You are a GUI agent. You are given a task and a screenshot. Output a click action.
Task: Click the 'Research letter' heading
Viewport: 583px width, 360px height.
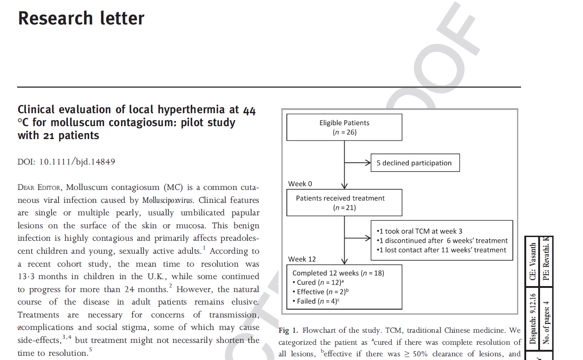tap(81, 18)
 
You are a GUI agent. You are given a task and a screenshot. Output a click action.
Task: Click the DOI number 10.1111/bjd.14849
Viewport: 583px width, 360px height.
tap(77, 162)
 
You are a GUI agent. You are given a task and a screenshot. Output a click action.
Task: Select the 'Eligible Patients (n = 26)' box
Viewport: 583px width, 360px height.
tap(344, 127)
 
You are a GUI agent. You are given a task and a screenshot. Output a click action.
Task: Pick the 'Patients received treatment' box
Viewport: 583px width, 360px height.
tap(344, 202)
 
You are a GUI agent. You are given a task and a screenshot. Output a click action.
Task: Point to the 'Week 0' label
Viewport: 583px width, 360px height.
tap(300, 184)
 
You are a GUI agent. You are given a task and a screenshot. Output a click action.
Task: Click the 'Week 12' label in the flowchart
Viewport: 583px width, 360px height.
tap(302, 259)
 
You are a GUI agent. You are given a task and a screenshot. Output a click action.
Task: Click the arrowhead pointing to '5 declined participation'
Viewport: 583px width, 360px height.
tap(368, 163)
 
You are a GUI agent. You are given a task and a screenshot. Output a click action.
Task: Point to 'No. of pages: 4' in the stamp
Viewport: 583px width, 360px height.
tap(547, 322)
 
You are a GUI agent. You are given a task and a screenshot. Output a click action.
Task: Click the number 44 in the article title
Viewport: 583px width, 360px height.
tap(249, 110)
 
